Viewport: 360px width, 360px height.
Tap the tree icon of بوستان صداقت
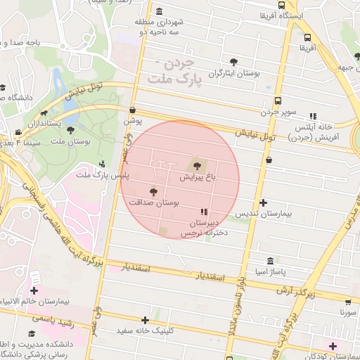(153, 191)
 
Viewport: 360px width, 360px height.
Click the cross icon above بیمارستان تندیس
(263, 202)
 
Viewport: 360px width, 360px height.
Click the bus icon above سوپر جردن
(278, 101)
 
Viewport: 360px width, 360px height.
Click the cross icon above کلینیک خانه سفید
(145, 321)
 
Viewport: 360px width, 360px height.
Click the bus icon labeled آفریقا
(307, 38)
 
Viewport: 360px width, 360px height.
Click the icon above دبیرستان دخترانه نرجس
(204, 212)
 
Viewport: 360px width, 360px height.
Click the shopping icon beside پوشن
(134, 110)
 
